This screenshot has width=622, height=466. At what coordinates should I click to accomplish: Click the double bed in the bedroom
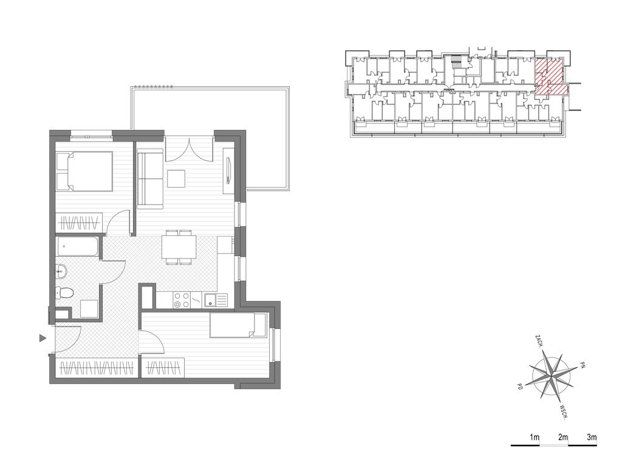(84, 172)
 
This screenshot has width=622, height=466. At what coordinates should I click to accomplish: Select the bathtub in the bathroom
(77, 246)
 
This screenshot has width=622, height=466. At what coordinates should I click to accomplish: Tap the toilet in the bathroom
(64, 293)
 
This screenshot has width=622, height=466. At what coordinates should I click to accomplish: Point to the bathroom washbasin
(61, 271)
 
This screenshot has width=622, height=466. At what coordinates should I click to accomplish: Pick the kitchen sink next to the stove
(216, 300)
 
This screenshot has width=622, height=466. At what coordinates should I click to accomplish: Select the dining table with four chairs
(179, 247)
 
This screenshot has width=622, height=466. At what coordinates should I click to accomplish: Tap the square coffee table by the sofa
(176, 178)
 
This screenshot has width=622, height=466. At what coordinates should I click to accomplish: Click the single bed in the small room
(238, 325)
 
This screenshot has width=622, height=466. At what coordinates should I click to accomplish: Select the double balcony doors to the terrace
(190, 149)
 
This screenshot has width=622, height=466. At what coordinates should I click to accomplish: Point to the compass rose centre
(552, 374)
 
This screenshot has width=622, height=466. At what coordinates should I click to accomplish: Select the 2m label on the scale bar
(563, 437)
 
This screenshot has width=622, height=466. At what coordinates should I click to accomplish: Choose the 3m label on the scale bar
(592, 437)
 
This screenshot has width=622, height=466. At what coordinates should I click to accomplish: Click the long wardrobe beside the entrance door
(97, 368)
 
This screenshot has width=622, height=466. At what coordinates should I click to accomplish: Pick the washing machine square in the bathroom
(89, 309)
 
